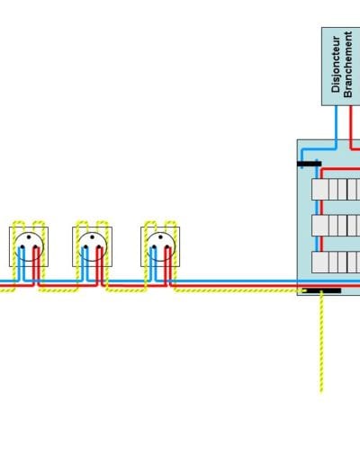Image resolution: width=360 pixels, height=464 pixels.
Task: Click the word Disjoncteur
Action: tap(336, 64)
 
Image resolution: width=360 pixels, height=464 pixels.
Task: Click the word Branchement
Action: tap(347, 64)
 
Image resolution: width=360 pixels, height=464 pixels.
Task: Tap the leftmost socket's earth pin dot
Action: tap(29, 237)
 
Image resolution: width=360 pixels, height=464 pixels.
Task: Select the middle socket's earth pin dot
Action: tap(92, 237)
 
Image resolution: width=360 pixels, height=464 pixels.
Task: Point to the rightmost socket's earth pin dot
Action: tap(160, 237)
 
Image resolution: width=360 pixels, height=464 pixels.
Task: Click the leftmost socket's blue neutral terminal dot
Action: tap(22, 247)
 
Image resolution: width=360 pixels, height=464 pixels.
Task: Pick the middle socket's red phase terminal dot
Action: tap(99, 247)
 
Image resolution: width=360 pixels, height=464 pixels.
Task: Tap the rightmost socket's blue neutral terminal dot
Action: tap(154, 247)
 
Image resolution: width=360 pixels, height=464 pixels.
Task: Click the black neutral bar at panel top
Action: tap(310, 164)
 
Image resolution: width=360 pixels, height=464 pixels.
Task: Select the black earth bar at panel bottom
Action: tap(321, 290)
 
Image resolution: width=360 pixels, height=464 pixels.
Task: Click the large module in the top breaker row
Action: tap(320, 190)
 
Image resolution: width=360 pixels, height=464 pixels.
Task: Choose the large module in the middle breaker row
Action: tap(320, 226)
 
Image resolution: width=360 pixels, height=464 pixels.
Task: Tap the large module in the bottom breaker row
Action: tap(320, 263)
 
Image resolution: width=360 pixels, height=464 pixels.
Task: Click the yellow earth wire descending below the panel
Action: tap(321, 342)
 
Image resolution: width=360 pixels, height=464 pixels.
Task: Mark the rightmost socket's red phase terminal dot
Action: tap(167, 247)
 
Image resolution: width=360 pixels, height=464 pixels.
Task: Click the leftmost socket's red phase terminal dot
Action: tap(36, 247)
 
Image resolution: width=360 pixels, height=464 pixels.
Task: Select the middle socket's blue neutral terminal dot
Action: tap(85, 247)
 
